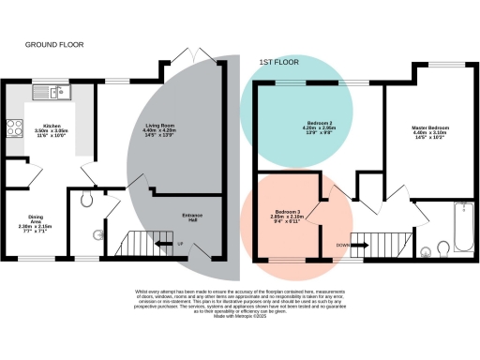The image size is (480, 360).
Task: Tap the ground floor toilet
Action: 86,199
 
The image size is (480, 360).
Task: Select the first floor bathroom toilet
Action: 427,250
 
